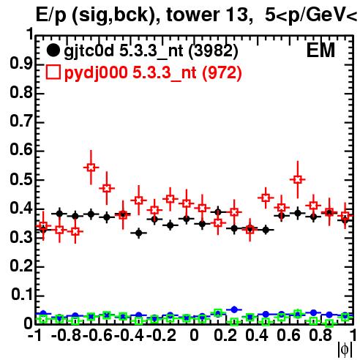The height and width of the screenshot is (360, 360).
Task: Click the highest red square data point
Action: (91, 168)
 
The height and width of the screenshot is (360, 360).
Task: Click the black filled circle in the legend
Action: (53, 50)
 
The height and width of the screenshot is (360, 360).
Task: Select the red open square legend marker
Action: (53, 72)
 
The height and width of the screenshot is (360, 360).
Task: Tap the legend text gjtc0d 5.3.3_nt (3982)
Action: (151, 51)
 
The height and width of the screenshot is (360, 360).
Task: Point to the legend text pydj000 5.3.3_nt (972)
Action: (153, 72)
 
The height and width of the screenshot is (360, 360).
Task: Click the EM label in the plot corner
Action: (320, 50)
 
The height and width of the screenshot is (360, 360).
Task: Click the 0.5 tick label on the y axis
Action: (21, 179)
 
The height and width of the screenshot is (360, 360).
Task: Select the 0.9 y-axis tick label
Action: (21, 64)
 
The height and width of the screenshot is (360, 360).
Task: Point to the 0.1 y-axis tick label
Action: (22, 295)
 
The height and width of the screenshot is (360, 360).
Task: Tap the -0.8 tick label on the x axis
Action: (66, 335)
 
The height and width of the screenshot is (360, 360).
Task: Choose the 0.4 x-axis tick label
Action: (257, 335)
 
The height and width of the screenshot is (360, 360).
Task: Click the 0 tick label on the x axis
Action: (194, 335)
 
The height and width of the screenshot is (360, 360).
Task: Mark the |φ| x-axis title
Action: (345, 350)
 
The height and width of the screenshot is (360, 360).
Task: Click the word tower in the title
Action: (192, 15)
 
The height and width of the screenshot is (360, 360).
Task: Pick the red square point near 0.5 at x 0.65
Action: (297, 179)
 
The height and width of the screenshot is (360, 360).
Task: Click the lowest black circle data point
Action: (138, 233)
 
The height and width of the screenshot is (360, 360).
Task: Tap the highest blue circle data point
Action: (234, 310)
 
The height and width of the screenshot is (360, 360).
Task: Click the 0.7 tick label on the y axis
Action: (21, 121)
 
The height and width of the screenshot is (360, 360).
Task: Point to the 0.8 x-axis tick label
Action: (320, 335)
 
